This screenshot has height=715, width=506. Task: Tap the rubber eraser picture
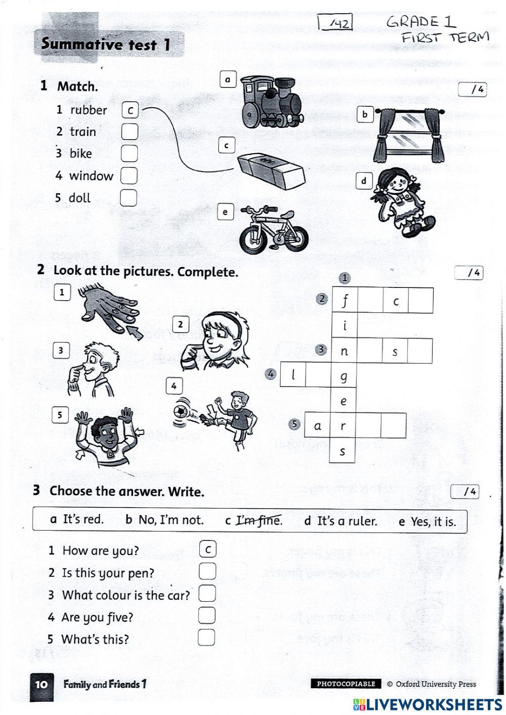pos(271,169)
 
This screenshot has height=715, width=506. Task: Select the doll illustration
pos(403,202)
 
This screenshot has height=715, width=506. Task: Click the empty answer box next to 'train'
pos(130,132)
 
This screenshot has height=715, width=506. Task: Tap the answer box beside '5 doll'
pos(129,197)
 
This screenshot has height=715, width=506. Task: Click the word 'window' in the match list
pos(91,176)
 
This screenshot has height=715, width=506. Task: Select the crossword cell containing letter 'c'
pos(396,301)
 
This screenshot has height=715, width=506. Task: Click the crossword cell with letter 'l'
pos(293,375)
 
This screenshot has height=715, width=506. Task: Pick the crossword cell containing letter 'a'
pos(317,426)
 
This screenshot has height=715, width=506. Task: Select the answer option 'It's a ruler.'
pos(347,521)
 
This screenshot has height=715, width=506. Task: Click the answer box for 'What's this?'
pos(206,638)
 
